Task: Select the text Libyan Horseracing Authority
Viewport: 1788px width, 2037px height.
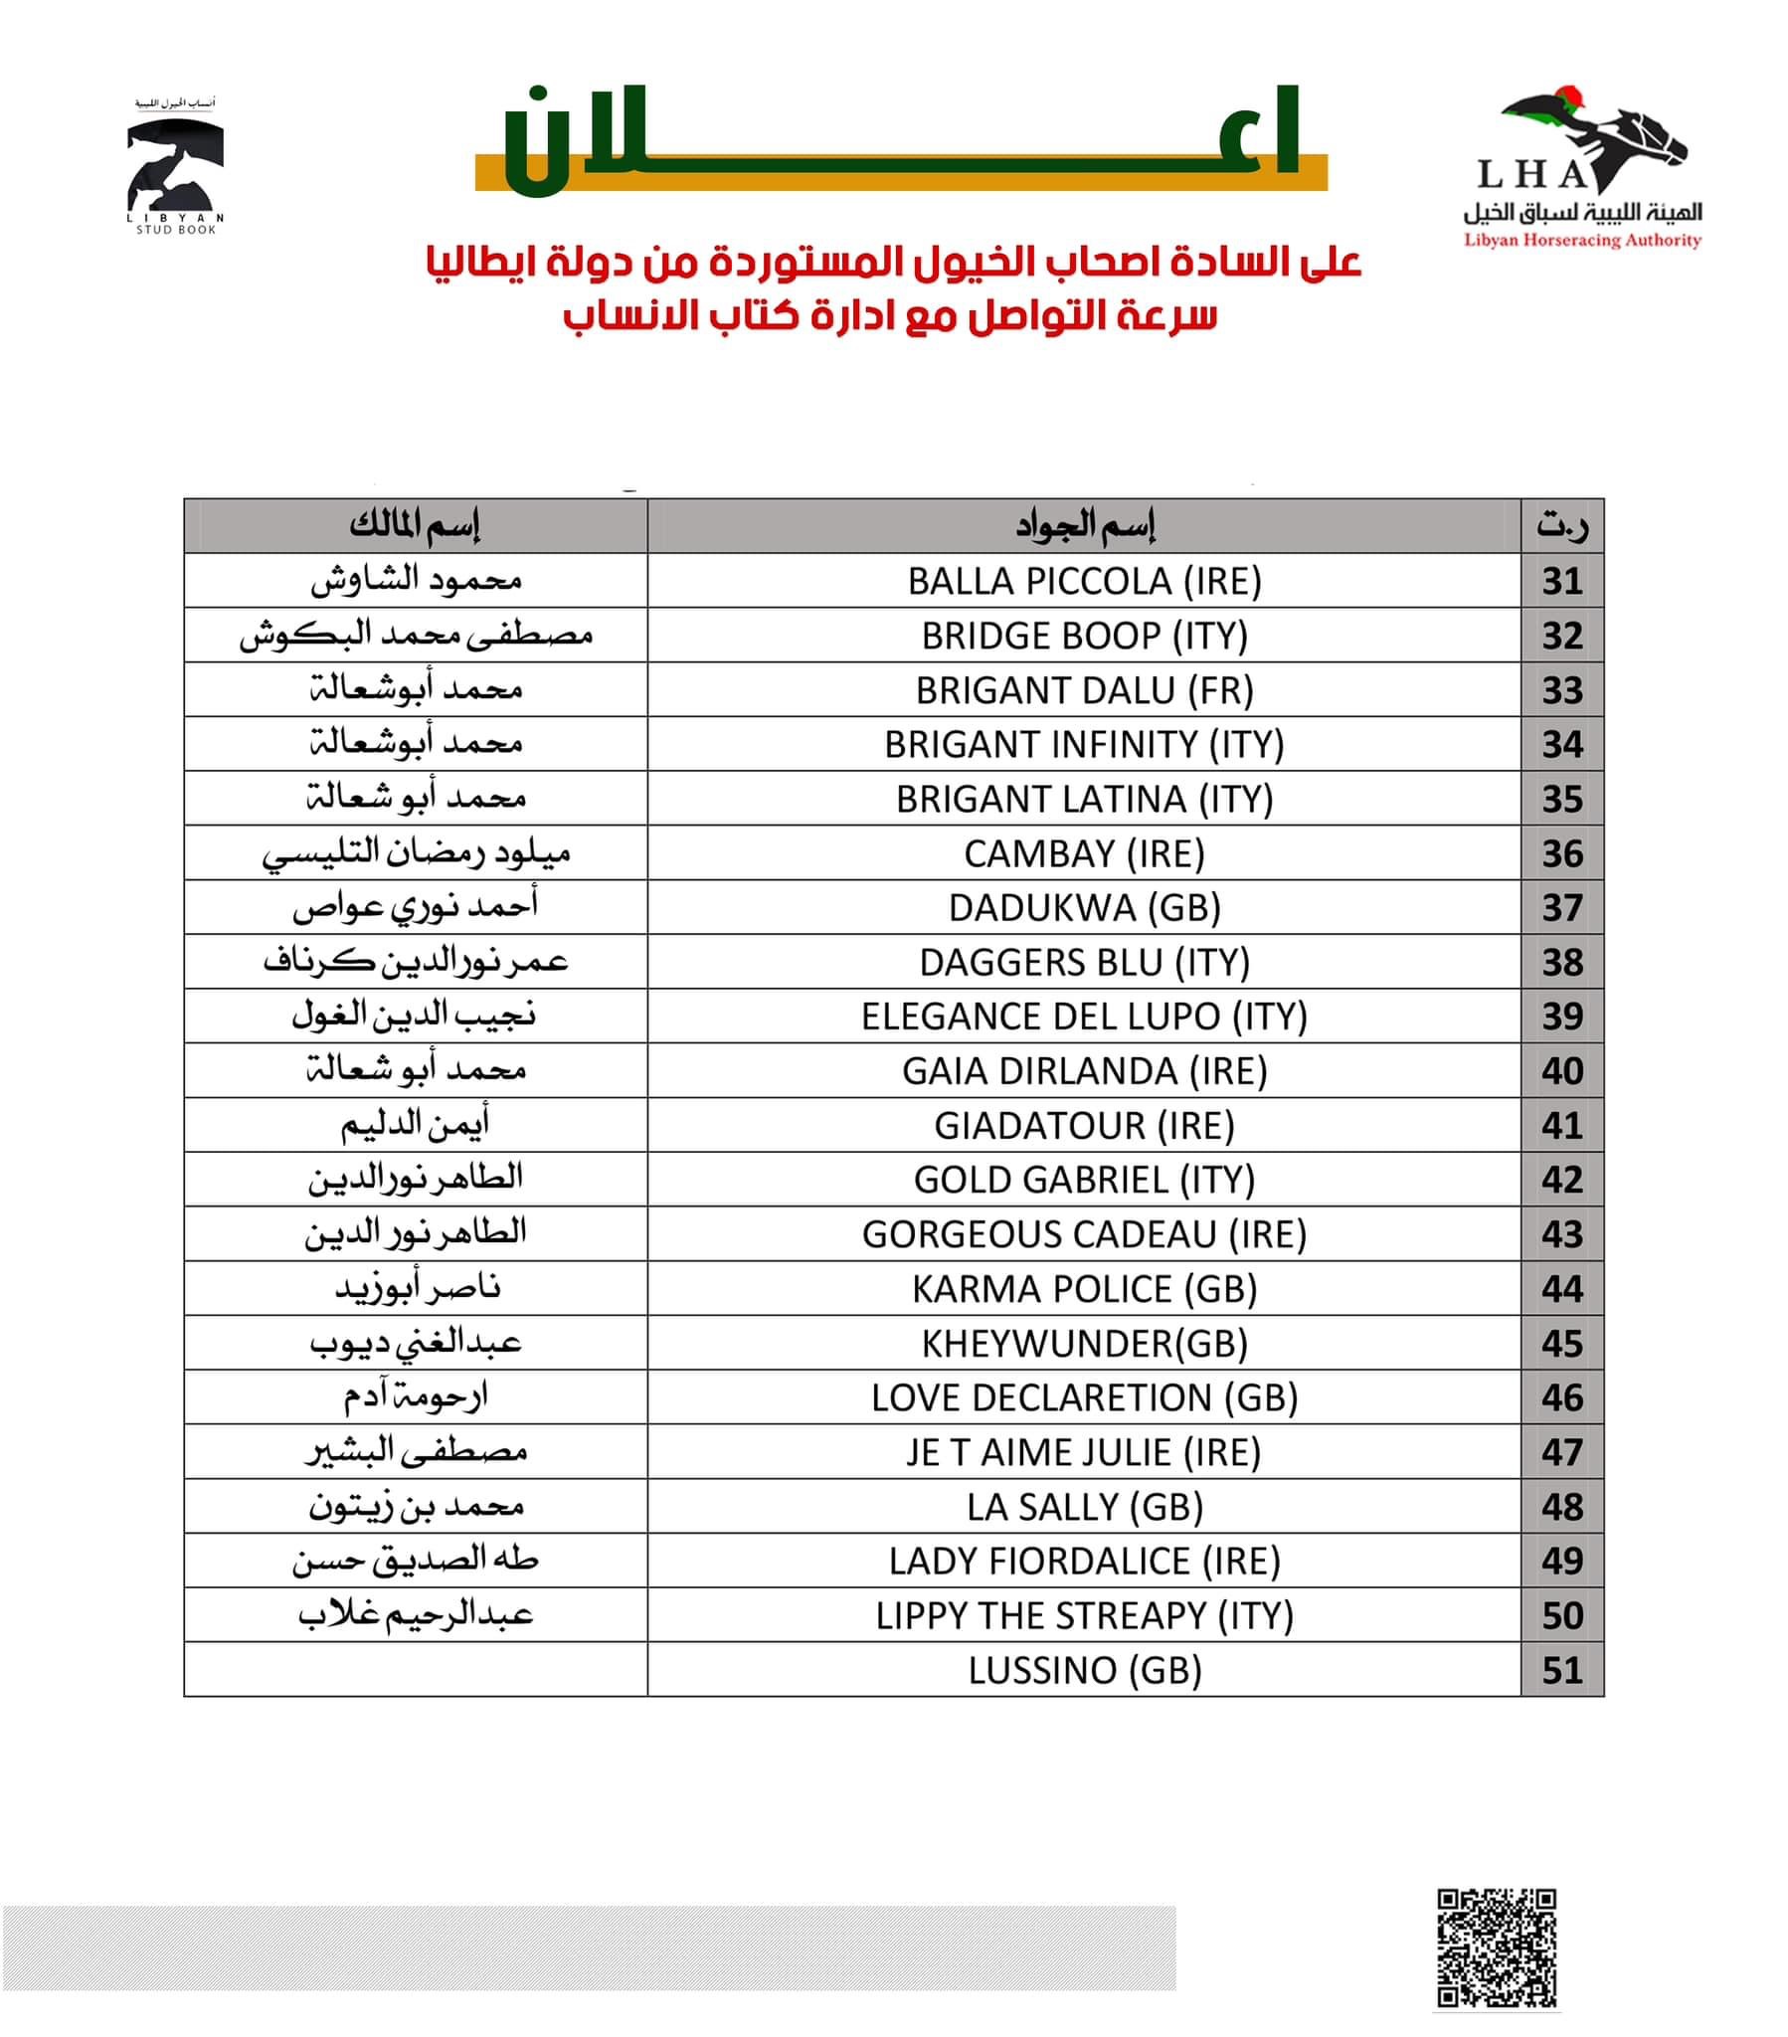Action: click(x=1582, y=240)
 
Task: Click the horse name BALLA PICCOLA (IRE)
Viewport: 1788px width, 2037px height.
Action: click(x=1083, y=581)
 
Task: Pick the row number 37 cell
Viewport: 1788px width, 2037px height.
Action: click(x=1560, y=908)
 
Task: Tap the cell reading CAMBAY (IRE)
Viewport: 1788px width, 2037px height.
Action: click(x=1083, y=854)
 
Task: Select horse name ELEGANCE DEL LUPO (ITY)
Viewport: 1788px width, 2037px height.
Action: click(x=1083, y=1017)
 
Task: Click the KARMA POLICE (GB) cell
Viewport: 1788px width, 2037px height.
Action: click(x=1083, y=1290)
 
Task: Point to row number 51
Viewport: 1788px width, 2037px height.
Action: click(x=1560, y=1670)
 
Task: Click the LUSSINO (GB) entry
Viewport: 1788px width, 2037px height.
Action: click(x=1083, y=1670)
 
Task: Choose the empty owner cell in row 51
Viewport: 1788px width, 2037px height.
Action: click(x=415, y=1670)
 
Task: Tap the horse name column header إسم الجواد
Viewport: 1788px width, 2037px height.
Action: click(x=1083, y=525)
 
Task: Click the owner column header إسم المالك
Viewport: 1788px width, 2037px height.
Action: click(x=415, y=525)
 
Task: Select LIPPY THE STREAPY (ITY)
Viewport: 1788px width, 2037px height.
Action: click(x=1083, y=1615)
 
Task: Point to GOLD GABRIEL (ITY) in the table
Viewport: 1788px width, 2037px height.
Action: click(x=1083, y=1180)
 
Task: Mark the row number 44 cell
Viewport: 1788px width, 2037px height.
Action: click(x=1560, y=1290)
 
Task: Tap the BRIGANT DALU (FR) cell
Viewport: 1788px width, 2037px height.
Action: click(x=1083, y=690)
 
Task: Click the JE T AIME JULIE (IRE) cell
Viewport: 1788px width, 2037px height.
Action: click(x=1083, y=1452)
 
